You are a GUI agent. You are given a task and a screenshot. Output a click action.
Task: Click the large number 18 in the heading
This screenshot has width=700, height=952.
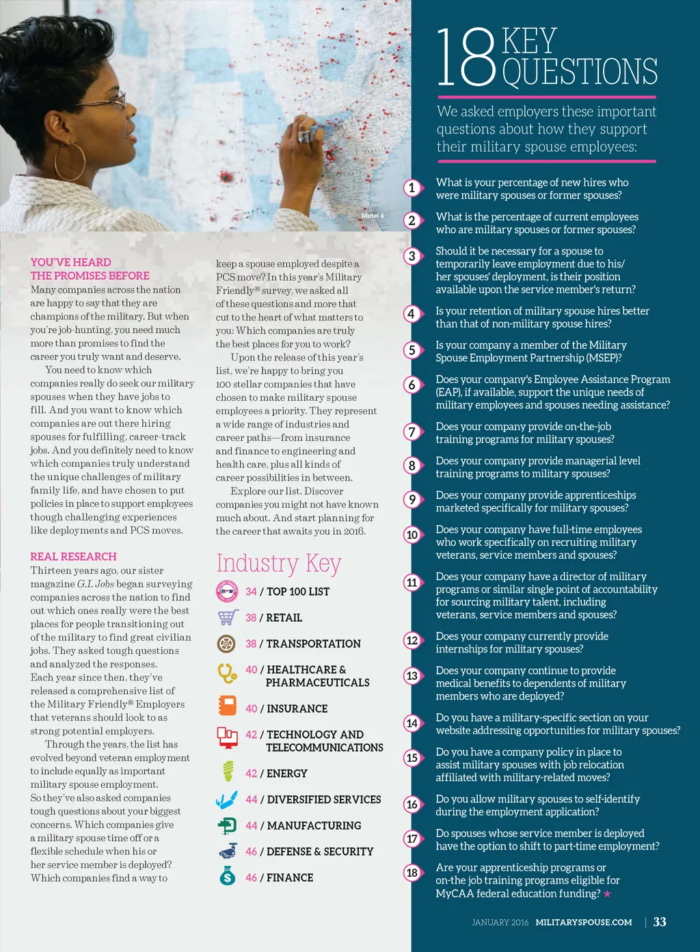click(466, 59)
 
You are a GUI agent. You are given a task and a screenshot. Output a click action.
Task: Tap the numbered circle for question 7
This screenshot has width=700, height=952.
click(412, 432)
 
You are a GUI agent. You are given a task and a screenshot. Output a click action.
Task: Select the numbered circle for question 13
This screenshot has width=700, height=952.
click(412, 676)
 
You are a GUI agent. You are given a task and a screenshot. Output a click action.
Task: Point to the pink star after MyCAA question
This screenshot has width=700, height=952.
click(607, 894)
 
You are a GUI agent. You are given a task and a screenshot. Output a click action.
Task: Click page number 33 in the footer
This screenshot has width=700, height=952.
click(660, 922)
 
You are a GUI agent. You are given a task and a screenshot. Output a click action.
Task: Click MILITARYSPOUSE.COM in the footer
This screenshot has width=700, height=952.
click(583, 923)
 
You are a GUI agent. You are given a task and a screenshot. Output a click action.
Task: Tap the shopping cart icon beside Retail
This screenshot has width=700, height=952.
click(227, 618)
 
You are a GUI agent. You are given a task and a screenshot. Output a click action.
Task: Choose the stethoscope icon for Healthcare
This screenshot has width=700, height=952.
click(226, 673)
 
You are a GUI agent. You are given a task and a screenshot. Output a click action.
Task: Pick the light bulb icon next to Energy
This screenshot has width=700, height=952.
click(228, 771)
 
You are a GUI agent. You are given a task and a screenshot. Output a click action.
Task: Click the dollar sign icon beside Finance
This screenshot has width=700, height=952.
click(228, 877)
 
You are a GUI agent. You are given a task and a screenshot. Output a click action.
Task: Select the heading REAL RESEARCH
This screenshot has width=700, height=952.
click(73, 557)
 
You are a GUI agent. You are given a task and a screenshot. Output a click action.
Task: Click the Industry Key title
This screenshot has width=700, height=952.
click(279, 563)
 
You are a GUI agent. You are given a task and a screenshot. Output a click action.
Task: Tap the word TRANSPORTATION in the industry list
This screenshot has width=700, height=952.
click(313, 644)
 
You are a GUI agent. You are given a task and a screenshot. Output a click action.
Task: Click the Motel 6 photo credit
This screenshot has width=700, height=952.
click(373, 216)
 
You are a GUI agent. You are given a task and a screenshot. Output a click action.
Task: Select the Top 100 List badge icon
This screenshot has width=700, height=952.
click(226, 592)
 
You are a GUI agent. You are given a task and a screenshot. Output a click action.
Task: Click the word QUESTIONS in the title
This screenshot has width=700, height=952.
click(580, 72)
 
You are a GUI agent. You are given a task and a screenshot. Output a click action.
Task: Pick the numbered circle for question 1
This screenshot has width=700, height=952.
click(412, 187)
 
